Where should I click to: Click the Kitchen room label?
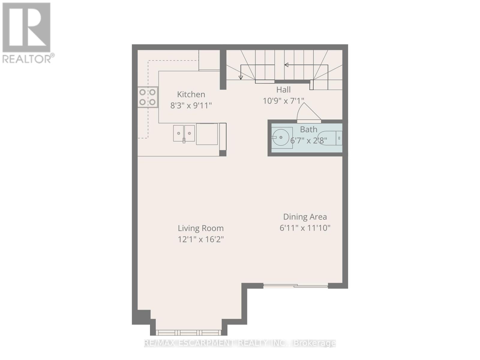[191, 94]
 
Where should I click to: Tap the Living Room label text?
[201, 228]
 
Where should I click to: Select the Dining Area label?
[305, 217]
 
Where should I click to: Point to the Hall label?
[283, 89]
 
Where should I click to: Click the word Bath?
[309, 129]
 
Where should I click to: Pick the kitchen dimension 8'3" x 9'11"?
[191, 106]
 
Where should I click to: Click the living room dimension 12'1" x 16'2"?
[201, 239]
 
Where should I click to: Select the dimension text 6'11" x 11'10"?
[305, 228]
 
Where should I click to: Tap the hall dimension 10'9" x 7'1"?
[283, 101]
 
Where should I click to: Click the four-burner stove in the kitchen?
[148, 97]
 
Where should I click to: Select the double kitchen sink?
[184, 133]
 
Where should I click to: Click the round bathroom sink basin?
[281, 137]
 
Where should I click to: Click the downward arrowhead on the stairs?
[241, 78]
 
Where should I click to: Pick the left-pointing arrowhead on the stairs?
[286, 65]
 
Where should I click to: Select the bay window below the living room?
[188, 332]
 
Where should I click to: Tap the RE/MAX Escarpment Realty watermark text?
[240, 343]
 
